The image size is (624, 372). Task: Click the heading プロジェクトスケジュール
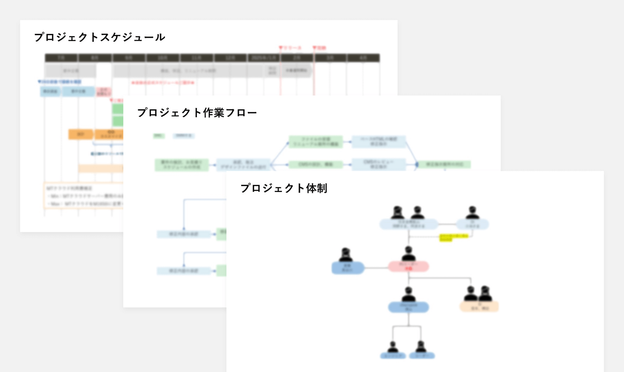click(x=100, y=37)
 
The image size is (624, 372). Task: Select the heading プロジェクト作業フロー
click(x=197, y=113)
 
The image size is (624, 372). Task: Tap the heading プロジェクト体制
click(x=284, y=188)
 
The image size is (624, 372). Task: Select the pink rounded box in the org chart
click(x=408, y=266)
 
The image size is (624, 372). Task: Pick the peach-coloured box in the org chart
click(x=479, y=307)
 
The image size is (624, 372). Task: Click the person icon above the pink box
click(x=408, y=254)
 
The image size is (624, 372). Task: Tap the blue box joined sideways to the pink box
click(x=348, y=268)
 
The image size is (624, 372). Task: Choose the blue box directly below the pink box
click(x=408, y=307)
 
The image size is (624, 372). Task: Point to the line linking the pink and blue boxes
click(x=376, y=268)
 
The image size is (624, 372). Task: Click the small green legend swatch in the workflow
click(x=158, y=136)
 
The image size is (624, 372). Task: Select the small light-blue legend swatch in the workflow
click(x=184, y=136)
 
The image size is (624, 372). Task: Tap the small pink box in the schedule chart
click(x=104, y=91)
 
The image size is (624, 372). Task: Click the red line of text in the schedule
click(x=163, y=82)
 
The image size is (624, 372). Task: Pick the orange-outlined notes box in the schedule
click(x=84, y=196)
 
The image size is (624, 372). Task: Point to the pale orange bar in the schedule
click(x=101, y=168)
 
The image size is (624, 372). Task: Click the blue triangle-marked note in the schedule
click(x=60, y=81)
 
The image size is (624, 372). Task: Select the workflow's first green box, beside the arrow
click(x=181, y=165)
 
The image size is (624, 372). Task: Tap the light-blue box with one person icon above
click(x=472, y=224)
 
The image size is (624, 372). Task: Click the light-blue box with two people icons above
click(x=408, y=224)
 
